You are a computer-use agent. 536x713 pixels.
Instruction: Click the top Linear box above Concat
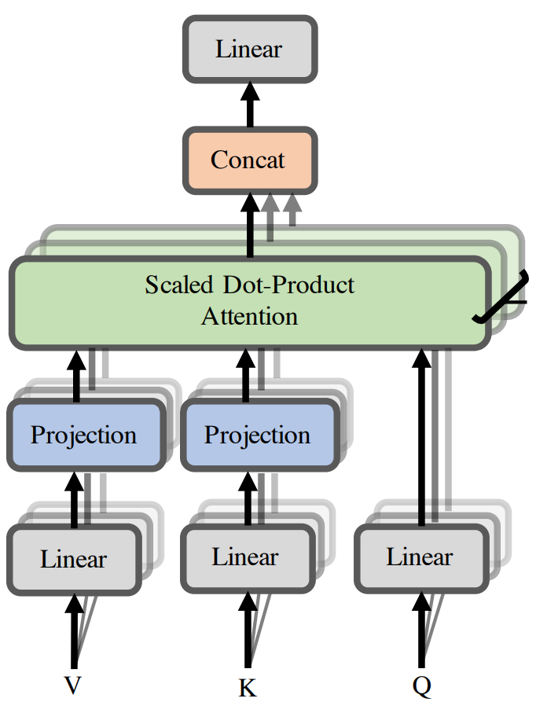tap(249, 49)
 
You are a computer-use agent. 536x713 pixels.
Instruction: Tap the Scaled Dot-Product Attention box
tap(249, 301)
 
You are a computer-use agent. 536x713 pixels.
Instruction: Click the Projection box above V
tap(84, 435)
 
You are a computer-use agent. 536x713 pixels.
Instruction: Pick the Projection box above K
tap(257, 435)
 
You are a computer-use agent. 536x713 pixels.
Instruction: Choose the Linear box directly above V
tap(74, 559)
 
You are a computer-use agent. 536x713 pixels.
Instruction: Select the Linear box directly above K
tap(246, 557)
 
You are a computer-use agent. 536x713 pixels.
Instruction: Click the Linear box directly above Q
tap(420, 557)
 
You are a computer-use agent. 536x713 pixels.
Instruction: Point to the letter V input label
tap(72, 686)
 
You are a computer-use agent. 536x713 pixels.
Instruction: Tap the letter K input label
tap(247, 689)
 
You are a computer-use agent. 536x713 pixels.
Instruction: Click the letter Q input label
tap(422, 686)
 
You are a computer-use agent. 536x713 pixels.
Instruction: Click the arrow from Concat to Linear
tap(250, 105)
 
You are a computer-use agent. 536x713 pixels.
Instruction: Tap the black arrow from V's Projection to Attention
tap(77, 375)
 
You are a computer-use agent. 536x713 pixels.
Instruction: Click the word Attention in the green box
tap(249, 317)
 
